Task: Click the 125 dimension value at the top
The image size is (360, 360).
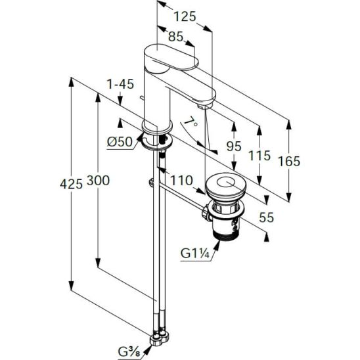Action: click(185, 16)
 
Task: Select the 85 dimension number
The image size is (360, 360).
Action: click(175, 37)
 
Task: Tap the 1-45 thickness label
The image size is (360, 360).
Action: click(120, 84)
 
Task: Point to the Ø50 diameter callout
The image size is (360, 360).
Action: click(120, 142)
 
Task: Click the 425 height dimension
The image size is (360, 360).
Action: click(71, 184)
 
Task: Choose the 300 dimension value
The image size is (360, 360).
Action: click(99, 181)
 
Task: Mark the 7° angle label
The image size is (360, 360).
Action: click(191, 122)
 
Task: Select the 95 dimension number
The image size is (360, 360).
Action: click(234, 146)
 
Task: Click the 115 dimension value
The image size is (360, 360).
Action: click(259, 156)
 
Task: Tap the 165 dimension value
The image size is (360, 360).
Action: click(289, 161)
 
